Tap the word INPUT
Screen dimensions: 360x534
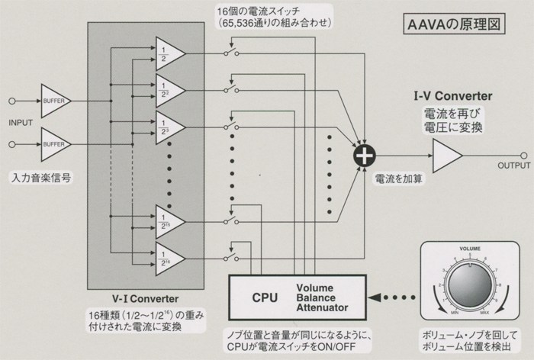21,122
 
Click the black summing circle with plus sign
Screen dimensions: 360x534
365,155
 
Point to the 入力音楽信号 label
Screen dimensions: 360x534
40,177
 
